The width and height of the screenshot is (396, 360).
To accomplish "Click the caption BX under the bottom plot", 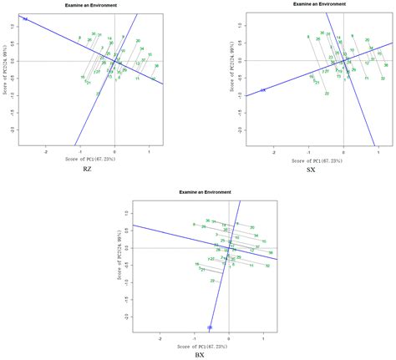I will pyautogui.click(x=200, y=355).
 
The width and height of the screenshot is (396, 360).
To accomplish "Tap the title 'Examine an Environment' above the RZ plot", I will pyautogui.click(x=91, y=5).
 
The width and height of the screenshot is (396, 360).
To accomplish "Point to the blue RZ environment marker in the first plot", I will pyautogui.click(x=25, y=18).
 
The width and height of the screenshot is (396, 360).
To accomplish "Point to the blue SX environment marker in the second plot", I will pyautogui.click(x=262, y=90).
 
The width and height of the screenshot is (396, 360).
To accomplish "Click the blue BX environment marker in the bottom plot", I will pyautogui.click(x=210, y=327).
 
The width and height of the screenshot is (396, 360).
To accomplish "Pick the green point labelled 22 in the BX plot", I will pyautogui.click(x=212, y=281).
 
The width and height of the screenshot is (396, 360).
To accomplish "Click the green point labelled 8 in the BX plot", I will pyautogui.click(x=193, y=225).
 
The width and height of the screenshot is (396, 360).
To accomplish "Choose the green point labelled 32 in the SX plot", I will pyautogui.click(x=383, y=79).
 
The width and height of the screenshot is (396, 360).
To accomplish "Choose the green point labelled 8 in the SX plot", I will pyautogui.click(x=307, y=37).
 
